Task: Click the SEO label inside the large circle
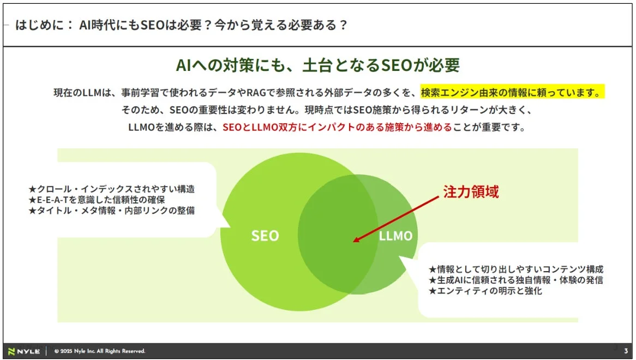tap(265, 236)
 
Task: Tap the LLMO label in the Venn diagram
tap(395, 236)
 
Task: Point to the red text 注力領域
tap(470, 192)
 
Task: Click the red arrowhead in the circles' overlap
tap(357, 239)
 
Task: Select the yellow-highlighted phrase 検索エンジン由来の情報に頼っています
tap(513, 92)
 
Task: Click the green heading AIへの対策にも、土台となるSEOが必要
tap(317, 65)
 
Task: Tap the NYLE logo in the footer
tap(24, 351)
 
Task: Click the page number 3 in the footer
tap(626, 351)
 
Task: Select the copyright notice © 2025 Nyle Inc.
tap(100, 351)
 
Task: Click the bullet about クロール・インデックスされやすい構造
tap(111, 189)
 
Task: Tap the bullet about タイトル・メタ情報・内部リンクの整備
tap(111, 210)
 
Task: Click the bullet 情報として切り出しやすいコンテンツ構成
tap(516, 269)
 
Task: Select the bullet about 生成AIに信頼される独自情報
tap(516, 280)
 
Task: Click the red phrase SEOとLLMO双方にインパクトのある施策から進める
tap(337, 128)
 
